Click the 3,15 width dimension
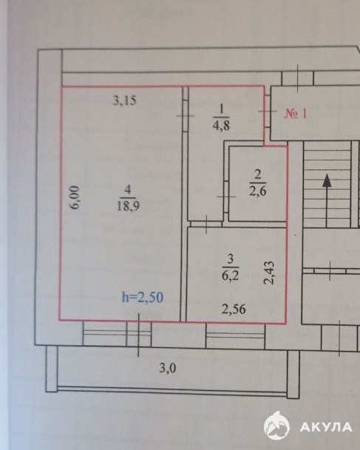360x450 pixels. [x=125, y=100]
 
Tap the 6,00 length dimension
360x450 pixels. [x=75, y=197]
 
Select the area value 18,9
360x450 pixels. [x=128, y=205]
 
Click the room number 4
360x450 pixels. [x=128, y=190]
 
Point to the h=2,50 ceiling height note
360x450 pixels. [x=143, y=297]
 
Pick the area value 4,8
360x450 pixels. [x=221, y=125]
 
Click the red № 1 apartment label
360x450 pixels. [x=296, y=114]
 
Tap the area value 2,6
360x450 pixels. [x=257, y=191]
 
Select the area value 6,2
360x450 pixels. [x=231, y=276]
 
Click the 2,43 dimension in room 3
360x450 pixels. [x=269, y=273]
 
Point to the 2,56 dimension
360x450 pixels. [x=234, y=309]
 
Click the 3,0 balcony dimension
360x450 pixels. [x=168, y=368]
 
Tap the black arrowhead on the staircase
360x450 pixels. [x=327, y=180]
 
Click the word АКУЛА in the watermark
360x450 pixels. [x=326, y=427]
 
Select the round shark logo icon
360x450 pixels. [x=276, y=426]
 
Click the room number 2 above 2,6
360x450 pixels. [x=258, y=174]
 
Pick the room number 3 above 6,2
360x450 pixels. [x=231, y=259]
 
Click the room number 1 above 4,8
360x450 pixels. [x=221, y=109]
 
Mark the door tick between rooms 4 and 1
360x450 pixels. [x=185, y=116]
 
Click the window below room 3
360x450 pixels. [x=235, y=335]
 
